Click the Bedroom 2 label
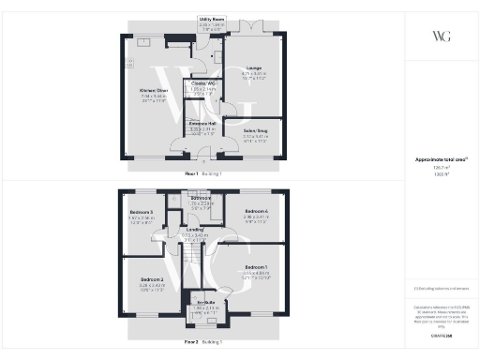(x=153, y=279)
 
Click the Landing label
(x=194, y=229)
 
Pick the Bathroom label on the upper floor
(x=200, y=198)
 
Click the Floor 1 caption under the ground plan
(x=192, y=174)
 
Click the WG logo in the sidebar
(x=440, y=37)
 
